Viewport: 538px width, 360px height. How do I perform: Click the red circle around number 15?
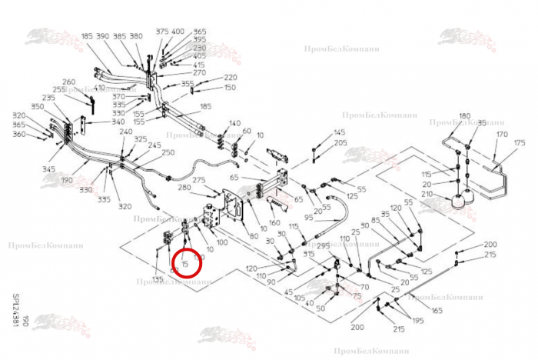186,263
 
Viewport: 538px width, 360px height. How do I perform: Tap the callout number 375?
162,32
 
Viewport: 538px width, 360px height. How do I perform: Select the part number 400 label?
178,32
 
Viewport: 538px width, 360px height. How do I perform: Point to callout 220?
230,78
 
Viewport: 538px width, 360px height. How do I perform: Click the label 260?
68,82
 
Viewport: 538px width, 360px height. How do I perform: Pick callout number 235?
49,98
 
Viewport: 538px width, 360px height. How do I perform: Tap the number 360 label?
20,135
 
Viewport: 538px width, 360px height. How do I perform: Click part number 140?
234,123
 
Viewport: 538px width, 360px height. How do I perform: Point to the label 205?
340,143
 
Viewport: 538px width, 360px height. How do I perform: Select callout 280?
184,188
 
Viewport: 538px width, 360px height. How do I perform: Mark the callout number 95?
309,218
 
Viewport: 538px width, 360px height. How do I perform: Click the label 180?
464,116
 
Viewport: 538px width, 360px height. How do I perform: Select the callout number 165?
437,310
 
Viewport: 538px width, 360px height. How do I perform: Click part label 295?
323,246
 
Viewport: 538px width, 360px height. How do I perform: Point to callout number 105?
300,298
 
